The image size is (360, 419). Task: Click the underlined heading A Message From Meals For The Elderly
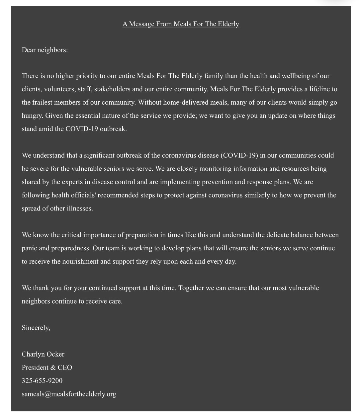(181, 24)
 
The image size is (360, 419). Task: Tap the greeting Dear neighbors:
(45, 50)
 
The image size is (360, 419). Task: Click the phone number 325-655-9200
(42, 380)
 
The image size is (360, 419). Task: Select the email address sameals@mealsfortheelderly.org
(69, 394)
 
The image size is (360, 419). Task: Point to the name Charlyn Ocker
(43, 354)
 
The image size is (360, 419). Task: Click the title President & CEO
(47, 367)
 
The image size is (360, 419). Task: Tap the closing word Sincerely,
(36, 328)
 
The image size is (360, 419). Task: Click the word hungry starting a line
(32, 116)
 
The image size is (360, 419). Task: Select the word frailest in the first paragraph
(45, 102)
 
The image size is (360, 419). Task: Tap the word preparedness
(71, 248)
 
